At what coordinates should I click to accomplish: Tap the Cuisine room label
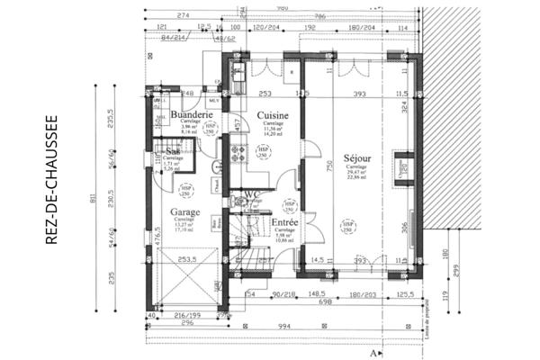[272, 116]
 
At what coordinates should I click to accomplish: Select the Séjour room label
[357, 158]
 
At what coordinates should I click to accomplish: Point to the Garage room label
[184, 213]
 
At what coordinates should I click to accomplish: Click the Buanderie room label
[191, 115]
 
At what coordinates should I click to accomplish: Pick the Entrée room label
[285, 220]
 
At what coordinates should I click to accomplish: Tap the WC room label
[251, 193]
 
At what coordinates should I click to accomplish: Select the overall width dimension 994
[284, 328]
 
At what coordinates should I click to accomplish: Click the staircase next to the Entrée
[241, 243]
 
